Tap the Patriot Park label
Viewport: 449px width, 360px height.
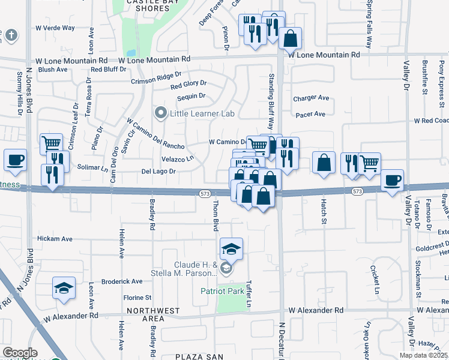(223, 291)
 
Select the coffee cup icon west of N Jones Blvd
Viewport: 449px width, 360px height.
(15, 160)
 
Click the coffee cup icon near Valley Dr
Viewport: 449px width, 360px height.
(393, 180)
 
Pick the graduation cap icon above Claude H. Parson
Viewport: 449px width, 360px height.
(231, 248)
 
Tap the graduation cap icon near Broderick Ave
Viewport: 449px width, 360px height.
(64, 288)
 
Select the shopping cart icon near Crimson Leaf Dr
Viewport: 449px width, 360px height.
(52, 144)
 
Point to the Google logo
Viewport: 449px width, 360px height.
(19, 353)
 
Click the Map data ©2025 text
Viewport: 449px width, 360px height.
(423, 355)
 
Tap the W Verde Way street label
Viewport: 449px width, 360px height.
(55, 28)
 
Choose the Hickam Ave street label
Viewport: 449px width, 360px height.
(55, 239)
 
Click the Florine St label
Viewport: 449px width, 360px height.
(137, 298)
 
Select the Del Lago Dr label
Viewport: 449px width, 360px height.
(158, 172)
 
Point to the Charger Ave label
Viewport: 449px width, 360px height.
(311, 98)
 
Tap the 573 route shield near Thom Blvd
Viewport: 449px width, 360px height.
(204, 192)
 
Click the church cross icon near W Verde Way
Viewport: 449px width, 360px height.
(10, 35)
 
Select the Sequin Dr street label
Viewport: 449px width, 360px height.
(191, 96)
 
